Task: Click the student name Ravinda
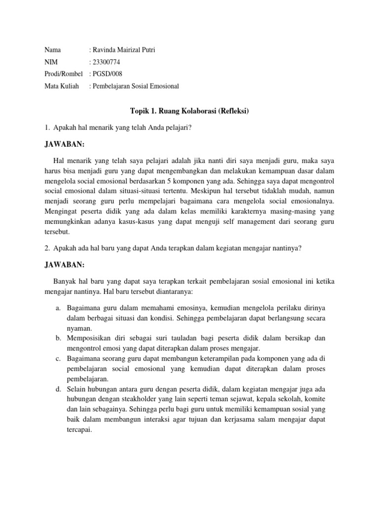coord(104,50)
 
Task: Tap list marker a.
coord(58,307)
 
